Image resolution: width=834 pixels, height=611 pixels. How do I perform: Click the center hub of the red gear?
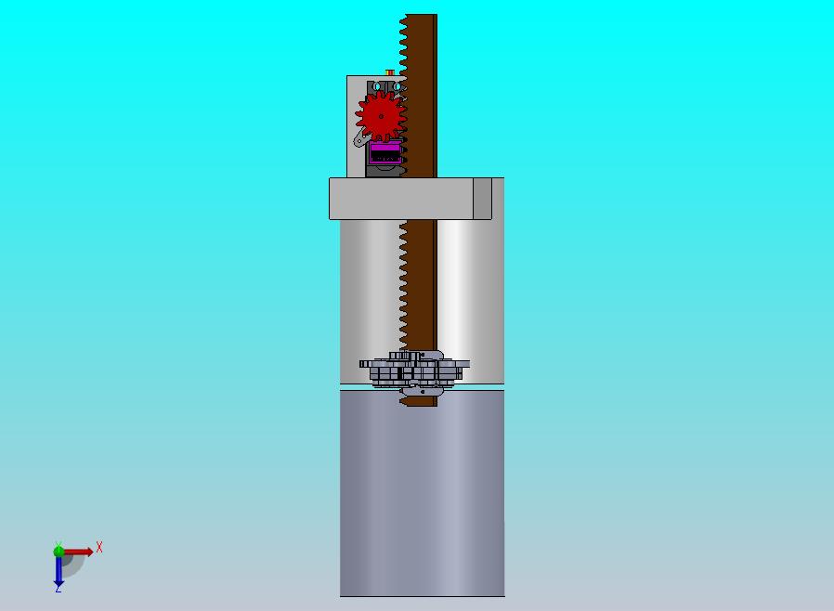(x=381, y=115)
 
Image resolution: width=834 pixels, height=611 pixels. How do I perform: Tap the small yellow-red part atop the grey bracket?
(x=389, y=71)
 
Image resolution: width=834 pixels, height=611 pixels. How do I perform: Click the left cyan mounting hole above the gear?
(x=377, y=86)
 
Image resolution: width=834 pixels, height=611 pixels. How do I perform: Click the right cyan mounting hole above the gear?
(x=397, y=86)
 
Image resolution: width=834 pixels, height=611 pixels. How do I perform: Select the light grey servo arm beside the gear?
(x=358, y=140)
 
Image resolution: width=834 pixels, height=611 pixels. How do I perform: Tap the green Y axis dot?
(x=59, y=551)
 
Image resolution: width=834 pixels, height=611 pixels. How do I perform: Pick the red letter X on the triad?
(x=99, y=547)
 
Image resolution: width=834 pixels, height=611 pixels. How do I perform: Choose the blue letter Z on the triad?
(x=59, y=588)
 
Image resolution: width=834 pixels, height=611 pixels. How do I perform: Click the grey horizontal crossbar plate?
(x=399, y=199)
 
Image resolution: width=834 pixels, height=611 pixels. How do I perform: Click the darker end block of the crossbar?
(x=482, y=199)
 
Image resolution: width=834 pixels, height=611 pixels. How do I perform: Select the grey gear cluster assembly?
(x=414, y=370)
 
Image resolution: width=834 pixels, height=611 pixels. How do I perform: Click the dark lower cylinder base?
(x=422, y=492)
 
